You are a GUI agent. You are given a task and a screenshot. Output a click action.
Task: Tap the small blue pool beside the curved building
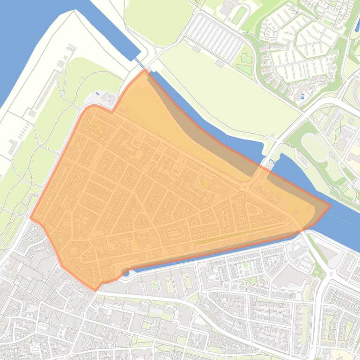click(x=301, y=97)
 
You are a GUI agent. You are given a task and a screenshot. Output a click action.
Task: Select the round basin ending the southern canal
click(x=125, y=273)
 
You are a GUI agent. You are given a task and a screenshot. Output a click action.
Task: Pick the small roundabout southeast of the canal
click(x=332, y=274)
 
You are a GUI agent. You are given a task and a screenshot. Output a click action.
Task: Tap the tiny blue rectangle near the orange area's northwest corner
click(x=97, y=94)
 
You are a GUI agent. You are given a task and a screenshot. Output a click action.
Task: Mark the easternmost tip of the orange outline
click(x=331, y=205)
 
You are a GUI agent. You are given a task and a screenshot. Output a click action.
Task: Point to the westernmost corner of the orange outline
click(x=30, y=218)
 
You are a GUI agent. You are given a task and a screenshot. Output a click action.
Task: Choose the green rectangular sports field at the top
click(x=239, y=15)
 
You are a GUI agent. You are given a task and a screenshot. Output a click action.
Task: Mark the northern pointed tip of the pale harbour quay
click(x=73, y=11)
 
